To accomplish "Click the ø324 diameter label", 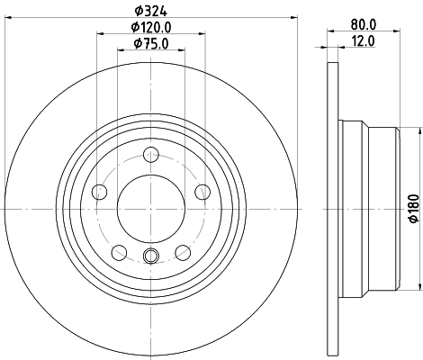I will pyautogui.click(x=149, y=11).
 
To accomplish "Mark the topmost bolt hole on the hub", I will pyautogui.click(x=150, y=152).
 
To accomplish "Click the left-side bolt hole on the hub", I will pyautogui.click(x=100, y=190).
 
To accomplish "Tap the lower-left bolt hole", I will pyautogui.click(x=119, y=250).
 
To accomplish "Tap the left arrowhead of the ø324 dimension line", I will pyautogui.click(x=9, y=19).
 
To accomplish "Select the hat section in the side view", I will pyautogui.click(x=369, y=208).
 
